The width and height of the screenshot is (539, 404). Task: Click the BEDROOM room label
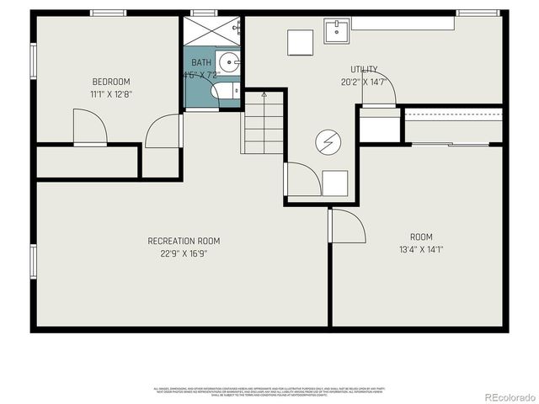click(111, 82)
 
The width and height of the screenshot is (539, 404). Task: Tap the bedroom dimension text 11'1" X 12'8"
click(111, 93)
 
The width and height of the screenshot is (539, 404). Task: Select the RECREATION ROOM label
click(184, 241)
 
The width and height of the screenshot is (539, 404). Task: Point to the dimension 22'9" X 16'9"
click(184, 252)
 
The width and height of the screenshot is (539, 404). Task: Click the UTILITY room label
click(364, 70)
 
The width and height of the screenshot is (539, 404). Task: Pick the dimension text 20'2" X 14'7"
click(364, 82)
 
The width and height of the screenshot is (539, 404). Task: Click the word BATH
click(202, 62)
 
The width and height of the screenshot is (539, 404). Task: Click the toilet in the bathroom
click(225, 91)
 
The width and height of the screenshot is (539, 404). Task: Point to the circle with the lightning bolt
click(325, 143)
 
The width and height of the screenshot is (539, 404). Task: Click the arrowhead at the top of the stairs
click(264, 95)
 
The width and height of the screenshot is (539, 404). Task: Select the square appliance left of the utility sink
click(300, 42)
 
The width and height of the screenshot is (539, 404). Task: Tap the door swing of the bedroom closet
click(91, 129)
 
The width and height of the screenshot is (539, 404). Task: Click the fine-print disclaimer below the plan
click(269, 391)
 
